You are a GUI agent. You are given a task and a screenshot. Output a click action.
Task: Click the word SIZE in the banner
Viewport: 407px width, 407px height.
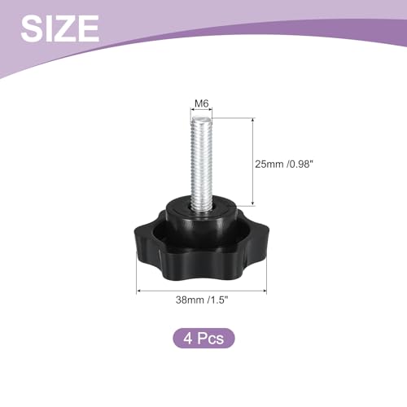click(59, 28)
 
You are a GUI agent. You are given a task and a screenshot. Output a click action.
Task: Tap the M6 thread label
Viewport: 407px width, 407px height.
click(202, 103)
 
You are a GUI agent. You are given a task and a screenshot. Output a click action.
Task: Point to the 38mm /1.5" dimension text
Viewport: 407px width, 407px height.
click(202, 300)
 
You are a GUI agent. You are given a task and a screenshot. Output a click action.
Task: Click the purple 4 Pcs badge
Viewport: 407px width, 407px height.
click(203, 338)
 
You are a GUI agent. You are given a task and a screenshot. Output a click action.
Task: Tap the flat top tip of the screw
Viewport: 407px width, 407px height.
click(201, 119)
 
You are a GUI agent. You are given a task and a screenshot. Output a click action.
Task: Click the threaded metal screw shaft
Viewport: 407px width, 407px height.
click(201, 164)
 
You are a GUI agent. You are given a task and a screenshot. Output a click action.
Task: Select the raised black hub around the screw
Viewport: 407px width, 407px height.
click(202, 217)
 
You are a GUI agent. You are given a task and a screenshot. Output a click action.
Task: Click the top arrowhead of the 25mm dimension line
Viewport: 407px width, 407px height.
click(253, 120)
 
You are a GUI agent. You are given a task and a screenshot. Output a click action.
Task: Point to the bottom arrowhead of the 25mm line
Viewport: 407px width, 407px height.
click(253, 203)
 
